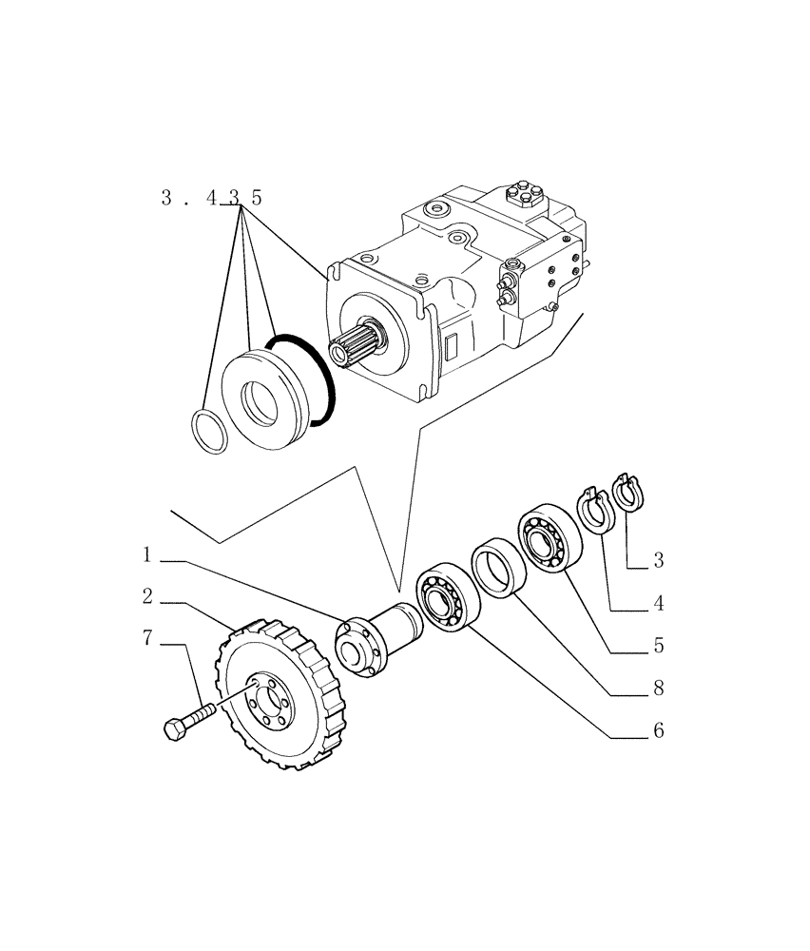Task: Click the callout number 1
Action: (x=147, y=553)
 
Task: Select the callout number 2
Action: (x=147, y=596)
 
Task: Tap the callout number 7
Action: (x=147, y=638)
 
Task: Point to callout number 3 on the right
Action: (x=658, y=560)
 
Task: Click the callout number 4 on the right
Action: (x=658, y=603)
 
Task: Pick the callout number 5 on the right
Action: (x=658, y=645)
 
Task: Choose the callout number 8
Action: (x=658, y=688)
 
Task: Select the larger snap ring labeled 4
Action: (x=594, y=511)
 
